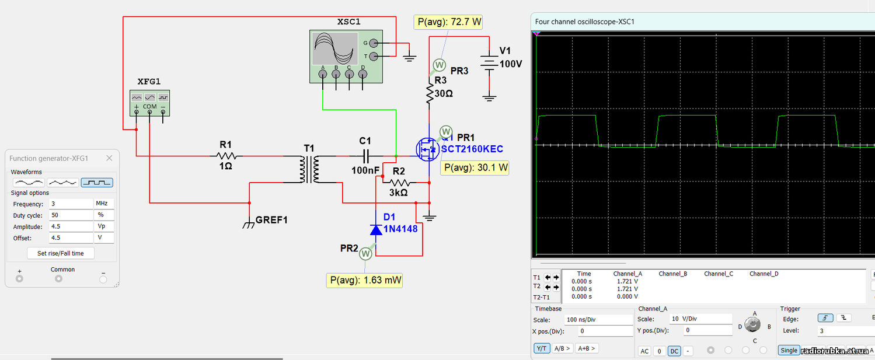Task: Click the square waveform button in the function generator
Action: pos(97,183)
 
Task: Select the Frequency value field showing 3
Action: pos(71,204)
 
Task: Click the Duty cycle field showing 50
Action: pos(71,215)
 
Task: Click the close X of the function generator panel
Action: pos(109,158)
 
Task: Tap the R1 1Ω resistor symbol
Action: pos(226,156)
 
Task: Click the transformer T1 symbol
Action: pos(309,169)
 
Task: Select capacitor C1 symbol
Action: pos(365,156)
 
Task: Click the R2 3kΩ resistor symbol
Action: pos(399,183)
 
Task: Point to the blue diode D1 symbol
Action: pos(376,229)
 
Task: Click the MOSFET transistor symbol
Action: pos(427,149)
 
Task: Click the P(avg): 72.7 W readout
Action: pos(448,22)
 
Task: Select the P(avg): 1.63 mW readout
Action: pos(364,280)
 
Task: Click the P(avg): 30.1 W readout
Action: pos(475,168)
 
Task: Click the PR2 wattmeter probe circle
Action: pos(365,254)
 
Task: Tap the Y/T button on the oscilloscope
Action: pos(542,348)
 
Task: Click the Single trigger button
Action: pos(788,350)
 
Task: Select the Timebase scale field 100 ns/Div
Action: pos(598,320)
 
